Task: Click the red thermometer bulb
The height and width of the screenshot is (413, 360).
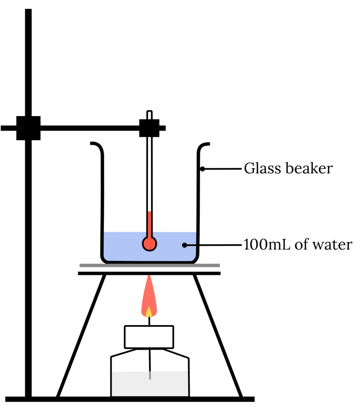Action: pyautogui.click(x=149, y=243)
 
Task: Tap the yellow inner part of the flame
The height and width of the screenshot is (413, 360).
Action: pyautogui.click(x=149, y=311)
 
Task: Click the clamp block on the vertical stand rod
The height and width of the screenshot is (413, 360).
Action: pyautogui.click(x=28, y=128)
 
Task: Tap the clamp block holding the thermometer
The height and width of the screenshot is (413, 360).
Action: pyautogui.click(x=150, y=128)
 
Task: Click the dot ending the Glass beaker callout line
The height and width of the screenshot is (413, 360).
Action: pyautogui.click(x=203, y=169)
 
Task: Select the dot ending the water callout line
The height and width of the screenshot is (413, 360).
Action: pyautogui.click(x=184, y=244)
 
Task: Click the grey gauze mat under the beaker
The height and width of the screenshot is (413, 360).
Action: pyautogui.click(x=150, y=265)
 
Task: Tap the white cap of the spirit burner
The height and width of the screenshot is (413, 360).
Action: pyautogui.click(x=149, y=337)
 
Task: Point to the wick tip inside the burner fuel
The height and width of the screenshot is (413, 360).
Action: pyautogui.click(x=150, y=376)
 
